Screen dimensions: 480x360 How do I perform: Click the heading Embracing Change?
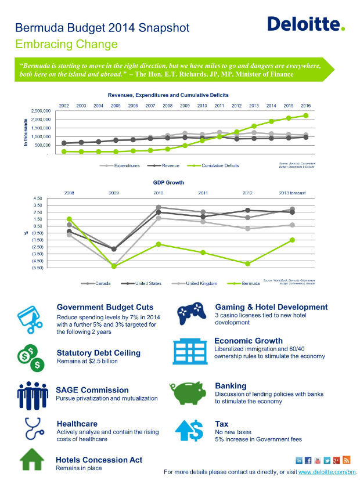click(x=66, y=44)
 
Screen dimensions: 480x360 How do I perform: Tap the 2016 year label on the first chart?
click(x=305, y=105)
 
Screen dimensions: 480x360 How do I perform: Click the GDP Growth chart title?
click(x=168, y=182)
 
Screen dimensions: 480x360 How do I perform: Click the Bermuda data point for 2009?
click(x=114, y=266)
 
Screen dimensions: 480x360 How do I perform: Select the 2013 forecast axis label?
click(x=291, y=192)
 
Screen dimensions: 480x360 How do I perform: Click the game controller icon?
click(x=190, y=313)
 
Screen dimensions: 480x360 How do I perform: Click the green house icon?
click(x=32, y=461)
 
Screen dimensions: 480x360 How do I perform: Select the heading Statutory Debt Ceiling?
click(x=98, y=352)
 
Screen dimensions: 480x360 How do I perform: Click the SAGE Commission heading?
click(x=92, y=390)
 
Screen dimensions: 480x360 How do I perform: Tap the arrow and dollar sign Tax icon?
click(x=189, y=430)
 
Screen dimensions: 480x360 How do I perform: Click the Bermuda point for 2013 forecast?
click(x=292, y=240)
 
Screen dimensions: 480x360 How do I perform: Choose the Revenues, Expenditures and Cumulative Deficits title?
click(x=168, y=95)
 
